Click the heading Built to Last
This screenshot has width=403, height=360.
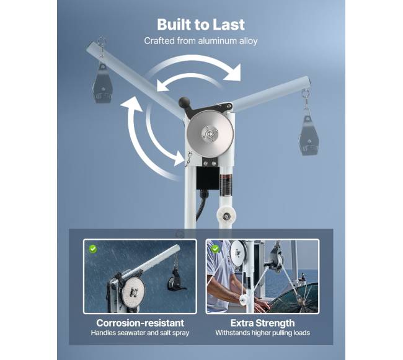point(201,25)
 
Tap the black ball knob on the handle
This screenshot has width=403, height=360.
point(184,102)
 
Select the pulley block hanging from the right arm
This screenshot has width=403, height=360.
point(309,136)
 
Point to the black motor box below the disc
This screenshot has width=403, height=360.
point(208,178)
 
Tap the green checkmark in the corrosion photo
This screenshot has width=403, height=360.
point(93,248)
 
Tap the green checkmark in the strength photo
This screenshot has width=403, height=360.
point(215,248)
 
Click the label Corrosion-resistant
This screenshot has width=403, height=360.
point(140,323)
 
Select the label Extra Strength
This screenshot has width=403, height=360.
point(262,323)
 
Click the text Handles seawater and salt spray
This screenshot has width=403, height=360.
point(140,333)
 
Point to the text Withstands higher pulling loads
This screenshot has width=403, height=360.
point(262,333)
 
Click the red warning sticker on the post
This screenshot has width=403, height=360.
point(226,185)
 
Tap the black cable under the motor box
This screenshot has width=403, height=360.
point(201,206)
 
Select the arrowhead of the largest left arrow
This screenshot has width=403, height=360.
point(131,103)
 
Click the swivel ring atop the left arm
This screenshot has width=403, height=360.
point(102,41)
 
